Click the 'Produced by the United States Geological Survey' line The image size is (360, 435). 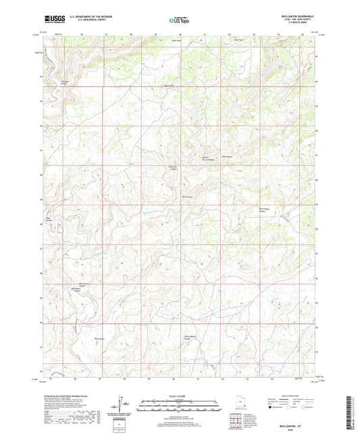coord(68,393)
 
